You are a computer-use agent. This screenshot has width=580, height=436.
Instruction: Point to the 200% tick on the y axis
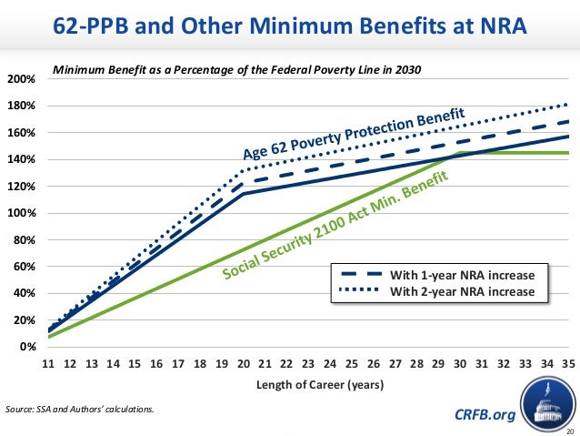pyautogui.click(x=21, y=79)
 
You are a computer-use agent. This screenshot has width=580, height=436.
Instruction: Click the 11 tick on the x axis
pyautogui.click(x=47, y=363)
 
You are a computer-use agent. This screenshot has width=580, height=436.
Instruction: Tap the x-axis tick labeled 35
pyautogui.click(x=569, y=363)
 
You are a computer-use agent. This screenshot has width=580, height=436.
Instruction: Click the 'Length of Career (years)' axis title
pyautogui.click(x=308, y=384)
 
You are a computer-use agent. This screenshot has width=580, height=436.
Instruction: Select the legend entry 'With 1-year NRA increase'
pyautogui.click(x=468, y=275)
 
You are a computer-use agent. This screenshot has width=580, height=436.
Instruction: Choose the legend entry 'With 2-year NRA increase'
pyautogui.click(x=468, y=291)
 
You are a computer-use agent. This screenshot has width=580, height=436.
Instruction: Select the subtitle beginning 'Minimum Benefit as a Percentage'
pyautogui.click(x=237, y=69)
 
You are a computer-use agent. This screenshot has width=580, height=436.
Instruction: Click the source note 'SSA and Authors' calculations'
pyautogui.click(x=80, y=409)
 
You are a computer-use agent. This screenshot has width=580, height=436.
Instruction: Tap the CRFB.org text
pyautogui.click(x=483, y=415)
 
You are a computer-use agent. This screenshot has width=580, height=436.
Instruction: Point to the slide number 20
pyautogui.click(x=570, y=430)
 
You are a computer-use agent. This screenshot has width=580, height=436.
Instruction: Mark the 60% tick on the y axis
pyautogui.click(x=24, y=268)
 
